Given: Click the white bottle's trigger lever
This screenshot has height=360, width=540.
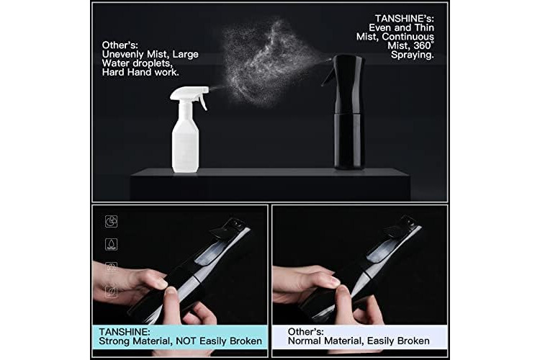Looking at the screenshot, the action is pos(203,102).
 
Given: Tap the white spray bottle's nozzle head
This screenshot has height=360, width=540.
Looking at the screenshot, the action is pos(189,93).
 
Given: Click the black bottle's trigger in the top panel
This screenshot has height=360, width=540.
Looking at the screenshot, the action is pos(327,75).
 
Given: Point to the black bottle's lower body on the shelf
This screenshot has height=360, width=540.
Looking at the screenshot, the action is pos(348,141).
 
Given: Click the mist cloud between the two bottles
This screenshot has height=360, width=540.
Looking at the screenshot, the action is pos(267,62).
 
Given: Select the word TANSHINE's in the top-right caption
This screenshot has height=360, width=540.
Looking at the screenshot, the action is pos(405,18).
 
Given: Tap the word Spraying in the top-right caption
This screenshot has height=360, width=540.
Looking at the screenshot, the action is pos(413,55).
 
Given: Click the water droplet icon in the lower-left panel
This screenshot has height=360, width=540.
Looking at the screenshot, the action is pos(111,244).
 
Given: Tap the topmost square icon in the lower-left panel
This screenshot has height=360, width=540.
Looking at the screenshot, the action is pos(111,221).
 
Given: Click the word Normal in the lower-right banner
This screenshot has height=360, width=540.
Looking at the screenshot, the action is pos(305,341).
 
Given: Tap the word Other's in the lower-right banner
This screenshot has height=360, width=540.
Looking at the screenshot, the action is pos(305,332).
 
